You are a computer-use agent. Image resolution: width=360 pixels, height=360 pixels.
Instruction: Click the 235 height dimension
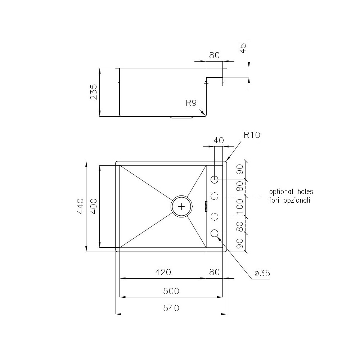point(93,92)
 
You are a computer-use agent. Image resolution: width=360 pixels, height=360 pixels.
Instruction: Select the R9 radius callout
point(191,104)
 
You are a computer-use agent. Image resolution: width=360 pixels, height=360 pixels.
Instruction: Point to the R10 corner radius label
point(252,135)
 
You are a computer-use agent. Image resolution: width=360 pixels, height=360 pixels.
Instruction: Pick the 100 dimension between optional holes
point(240,207)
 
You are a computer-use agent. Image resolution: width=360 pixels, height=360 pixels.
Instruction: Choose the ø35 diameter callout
point(262,274)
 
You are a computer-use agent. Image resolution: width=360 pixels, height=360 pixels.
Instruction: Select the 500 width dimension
point(171,291)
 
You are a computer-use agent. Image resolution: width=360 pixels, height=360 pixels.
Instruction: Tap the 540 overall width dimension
point(171,308)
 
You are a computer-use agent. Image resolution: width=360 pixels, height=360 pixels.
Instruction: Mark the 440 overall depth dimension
point(80,206)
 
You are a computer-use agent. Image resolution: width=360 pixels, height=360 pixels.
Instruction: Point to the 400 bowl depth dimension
point(93,206)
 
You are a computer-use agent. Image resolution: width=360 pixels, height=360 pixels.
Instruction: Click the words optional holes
point(291,192)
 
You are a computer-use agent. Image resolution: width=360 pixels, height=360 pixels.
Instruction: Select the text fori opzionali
point(289,201)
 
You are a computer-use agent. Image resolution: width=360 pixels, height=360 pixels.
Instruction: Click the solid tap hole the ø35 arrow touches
point(215,233)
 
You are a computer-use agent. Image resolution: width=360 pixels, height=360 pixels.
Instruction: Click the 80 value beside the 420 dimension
point(214,273)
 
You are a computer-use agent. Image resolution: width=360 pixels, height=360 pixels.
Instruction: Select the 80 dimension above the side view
point(214,56)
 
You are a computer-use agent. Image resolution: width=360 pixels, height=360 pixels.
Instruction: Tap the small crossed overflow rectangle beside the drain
point(206,206)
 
